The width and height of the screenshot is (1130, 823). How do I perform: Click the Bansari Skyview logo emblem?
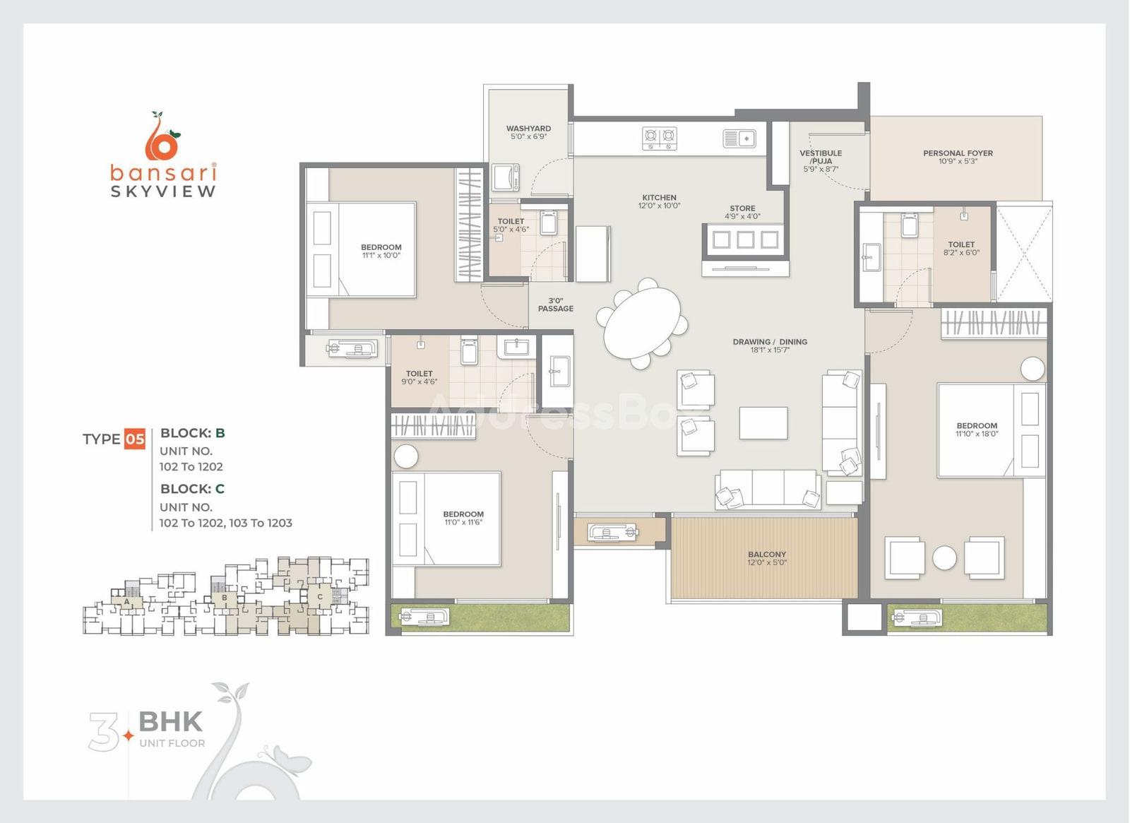[162, 135]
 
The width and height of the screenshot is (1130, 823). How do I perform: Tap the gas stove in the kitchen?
[660, 138]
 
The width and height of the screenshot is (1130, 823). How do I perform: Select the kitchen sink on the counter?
[739, 138]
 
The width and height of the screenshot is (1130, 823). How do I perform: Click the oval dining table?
[642, 323]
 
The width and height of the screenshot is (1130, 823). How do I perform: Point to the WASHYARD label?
[529, 129]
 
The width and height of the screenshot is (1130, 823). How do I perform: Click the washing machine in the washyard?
[506, 177]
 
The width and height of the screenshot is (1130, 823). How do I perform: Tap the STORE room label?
[742, 208]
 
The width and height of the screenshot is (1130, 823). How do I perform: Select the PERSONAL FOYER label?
[958, 153]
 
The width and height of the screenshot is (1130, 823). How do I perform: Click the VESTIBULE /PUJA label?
[821, 157]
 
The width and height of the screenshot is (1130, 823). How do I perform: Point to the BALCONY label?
[767, 554]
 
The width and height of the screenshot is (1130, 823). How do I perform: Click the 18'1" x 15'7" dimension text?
[770, 350]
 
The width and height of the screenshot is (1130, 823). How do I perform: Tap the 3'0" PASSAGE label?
[555, 304]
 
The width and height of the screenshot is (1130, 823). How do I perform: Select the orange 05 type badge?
[135, 439]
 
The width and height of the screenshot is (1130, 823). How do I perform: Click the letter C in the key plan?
[320, 597]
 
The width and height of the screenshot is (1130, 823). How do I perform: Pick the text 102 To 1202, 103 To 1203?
[225, 523]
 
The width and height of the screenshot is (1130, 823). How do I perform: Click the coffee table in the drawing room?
[763, 423]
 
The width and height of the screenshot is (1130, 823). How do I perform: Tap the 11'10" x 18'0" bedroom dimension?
[977, 434]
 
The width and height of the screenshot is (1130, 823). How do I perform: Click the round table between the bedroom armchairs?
[944, 558]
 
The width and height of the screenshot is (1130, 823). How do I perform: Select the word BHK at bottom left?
[170, 721]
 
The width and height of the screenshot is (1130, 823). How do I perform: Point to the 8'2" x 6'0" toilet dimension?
[961, 252]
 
